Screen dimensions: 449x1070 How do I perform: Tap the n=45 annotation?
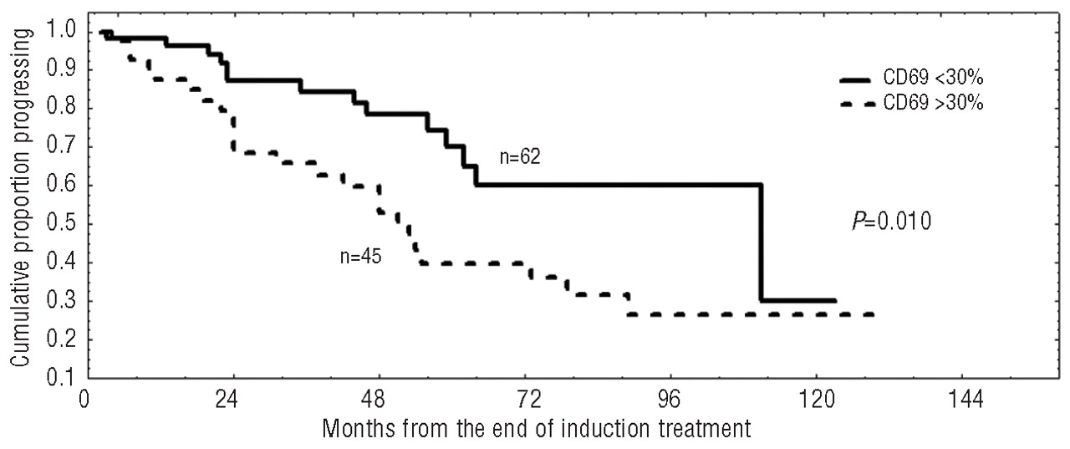pos(361,257)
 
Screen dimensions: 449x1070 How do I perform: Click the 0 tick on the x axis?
pos(84,399)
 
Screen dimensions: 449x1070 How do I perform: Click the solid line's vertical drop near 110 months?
pos(762,242)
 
